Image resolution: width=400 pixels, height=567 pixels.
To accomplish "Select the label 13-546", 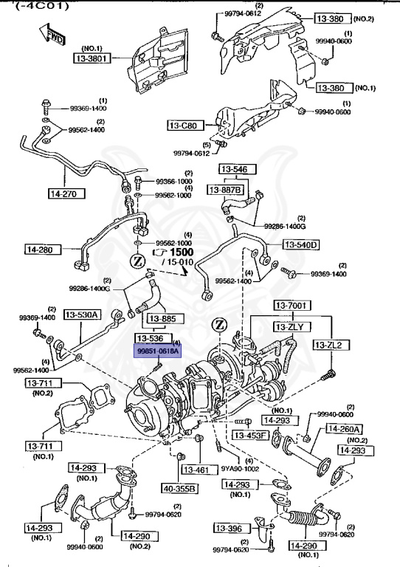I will tap(227, 168).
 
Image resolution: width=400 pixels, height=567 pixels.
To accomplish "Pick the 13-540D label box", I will tap(301, 244).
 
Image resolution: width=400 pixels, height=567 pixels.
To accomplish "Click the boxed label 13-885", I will tap(163, 319).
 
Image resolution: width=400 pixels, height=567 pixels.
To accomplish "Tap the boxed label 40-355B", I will tap(180, 488).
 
